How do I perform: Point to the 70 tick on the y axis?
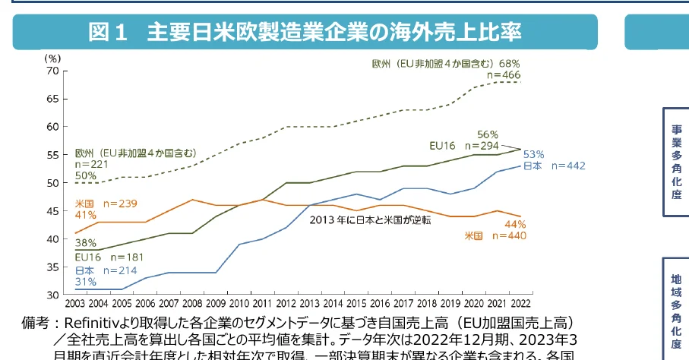click(52, 71)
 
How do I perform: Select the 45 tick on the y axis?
click(52, 210)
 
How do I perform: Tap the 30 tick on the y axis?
click(52, 294)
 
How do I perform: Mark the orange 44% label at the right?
click(515, 224)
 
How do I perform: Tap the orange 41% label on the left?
click(85, 215)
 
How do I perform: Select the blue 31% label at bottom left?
click(85, 282)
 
